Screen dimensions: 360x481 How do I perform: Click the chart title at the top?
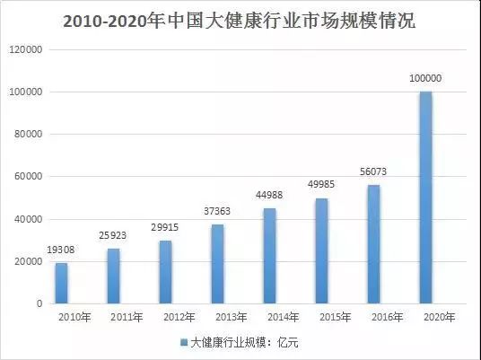[x=240, y=21]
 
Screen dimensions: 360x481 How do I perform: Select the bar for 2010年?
[x=61, y=283]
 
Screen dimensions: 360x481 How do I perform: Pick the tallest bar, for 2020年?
[x=425, y=198]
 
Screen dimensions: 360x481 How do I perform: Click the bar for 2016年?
[x=373, y=244]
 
